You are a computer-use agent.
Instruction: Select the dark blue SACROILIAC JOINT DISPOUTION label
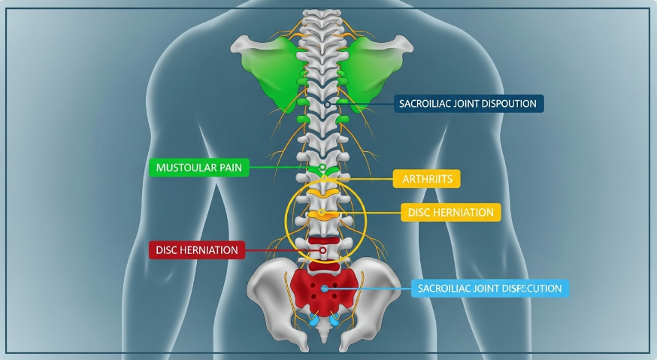click(469, 103)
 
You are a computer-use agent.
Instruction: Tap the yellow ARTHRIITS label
click(426, 179)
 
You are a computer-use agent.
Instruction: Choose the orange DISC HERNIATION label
click(451, 213)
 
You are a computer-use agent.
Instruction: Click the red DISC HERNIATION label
click(197, 250)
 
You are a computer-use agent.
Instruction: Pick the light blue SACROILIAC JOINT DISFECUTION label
click(491, 288)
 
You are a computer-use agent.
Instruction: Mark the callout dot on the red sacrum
click(324, 288)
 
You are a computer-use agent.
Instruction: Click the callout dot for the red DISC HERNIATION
click(322, 250)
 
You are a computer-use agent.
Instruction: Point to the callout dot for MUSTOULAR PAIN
click(322, 167)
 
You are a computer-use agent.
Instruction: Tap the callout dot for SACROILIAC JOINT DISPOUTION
click(326, 103)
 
